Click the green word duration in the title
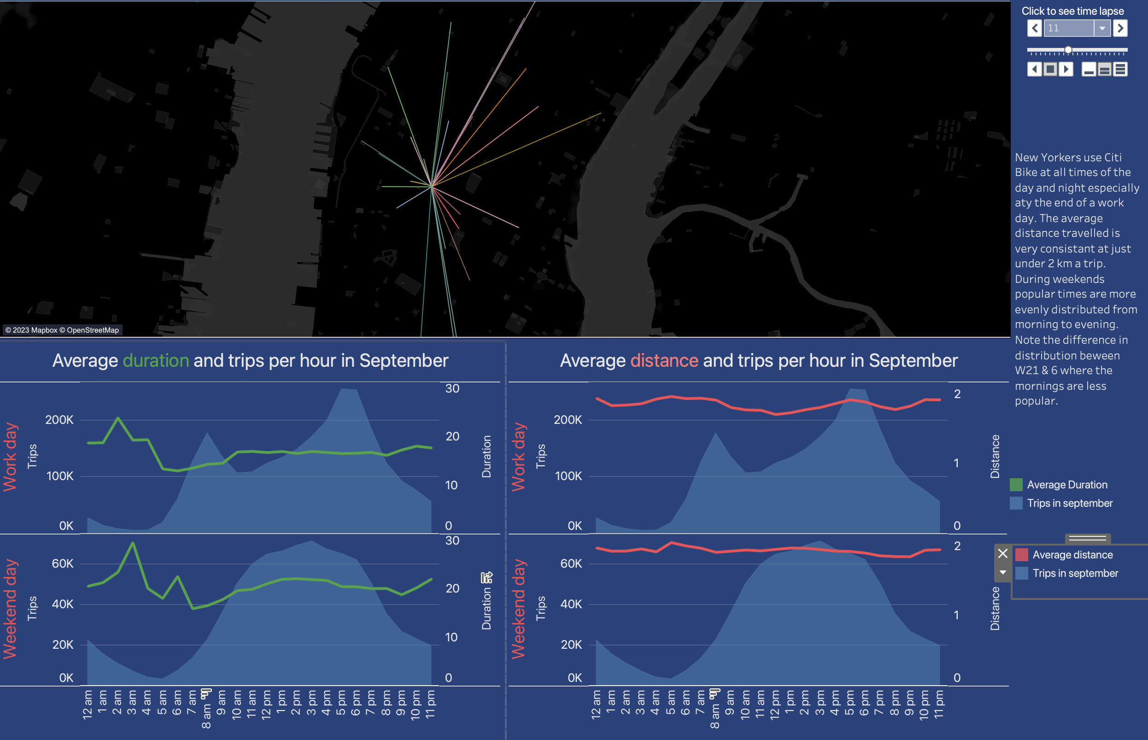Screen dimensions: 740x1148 156,360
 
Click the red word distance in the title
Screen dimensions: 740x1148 664,360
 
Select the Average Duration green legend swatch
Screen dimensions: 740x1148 1016,484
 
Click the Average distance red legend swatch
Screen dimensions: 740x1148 1022,554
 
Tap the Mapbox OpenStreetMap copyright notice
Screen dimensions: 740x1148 62,330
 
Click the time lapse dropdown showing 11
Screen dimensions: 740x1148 1077,28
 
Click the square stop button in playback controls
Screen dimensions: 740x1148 1050,69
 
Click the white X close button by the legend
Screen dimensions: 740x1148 1002,553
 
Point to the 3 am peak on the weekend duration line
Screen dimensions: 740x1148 133,543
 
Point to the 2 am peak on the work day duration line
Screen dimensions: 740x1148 118,418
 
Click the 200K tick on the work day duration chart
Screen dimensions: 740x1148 59,419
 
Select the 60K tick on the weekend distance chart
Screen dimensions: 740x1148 571,563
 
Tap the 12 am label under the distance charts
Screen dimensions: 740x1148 596,705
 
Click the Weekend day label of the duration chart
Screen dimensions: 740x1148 10,609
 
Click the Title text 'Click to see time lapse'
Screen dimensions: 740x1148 1072,11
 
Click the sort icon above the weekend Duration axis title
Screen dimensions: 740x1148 486,576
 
